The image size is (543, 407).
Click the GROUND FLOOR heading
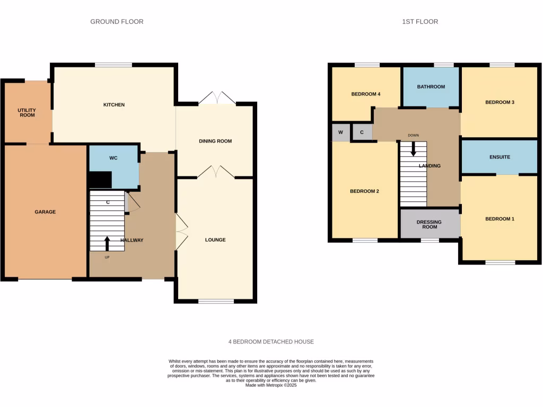[x=117, y=22]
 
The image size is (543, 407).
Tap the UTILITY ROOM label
[x=27, y=113]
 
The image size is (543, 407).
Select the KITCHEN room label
[x=113, y=105]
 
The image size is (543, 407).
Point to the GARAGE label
[x=45, y=212]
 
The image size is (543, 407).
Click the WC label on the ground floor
[x=113, y=158]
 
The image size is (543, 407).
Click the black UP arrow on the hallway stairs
[x=107, y=243]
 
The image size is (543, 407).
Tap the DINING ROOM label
[x=215, y=141]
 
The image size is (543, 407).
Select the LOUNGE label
[x=215, y=240]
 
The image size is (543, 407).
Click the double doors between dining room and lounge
[x=215, y=172]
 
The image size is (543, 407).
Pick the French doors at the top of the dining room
[x=216, y=98]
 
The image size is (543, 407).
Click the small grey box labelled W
[x=340, y=132]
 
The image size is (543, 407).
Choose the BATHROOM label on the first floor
[x=431, y=87]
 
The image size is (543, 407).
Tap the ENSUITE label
[x=499, y=157]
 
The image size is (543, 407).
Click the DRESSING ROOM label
[x=430, y=224]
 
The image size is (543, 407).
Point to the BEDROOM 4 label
[x=366, y=94]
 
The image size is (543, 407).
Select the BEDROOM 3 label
[x=500, y=102]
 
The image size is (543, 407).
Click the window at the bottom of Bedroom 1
[x=500, y=262]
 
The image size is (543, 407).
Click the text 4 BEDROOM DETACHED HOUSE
[x=271, y=342]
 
